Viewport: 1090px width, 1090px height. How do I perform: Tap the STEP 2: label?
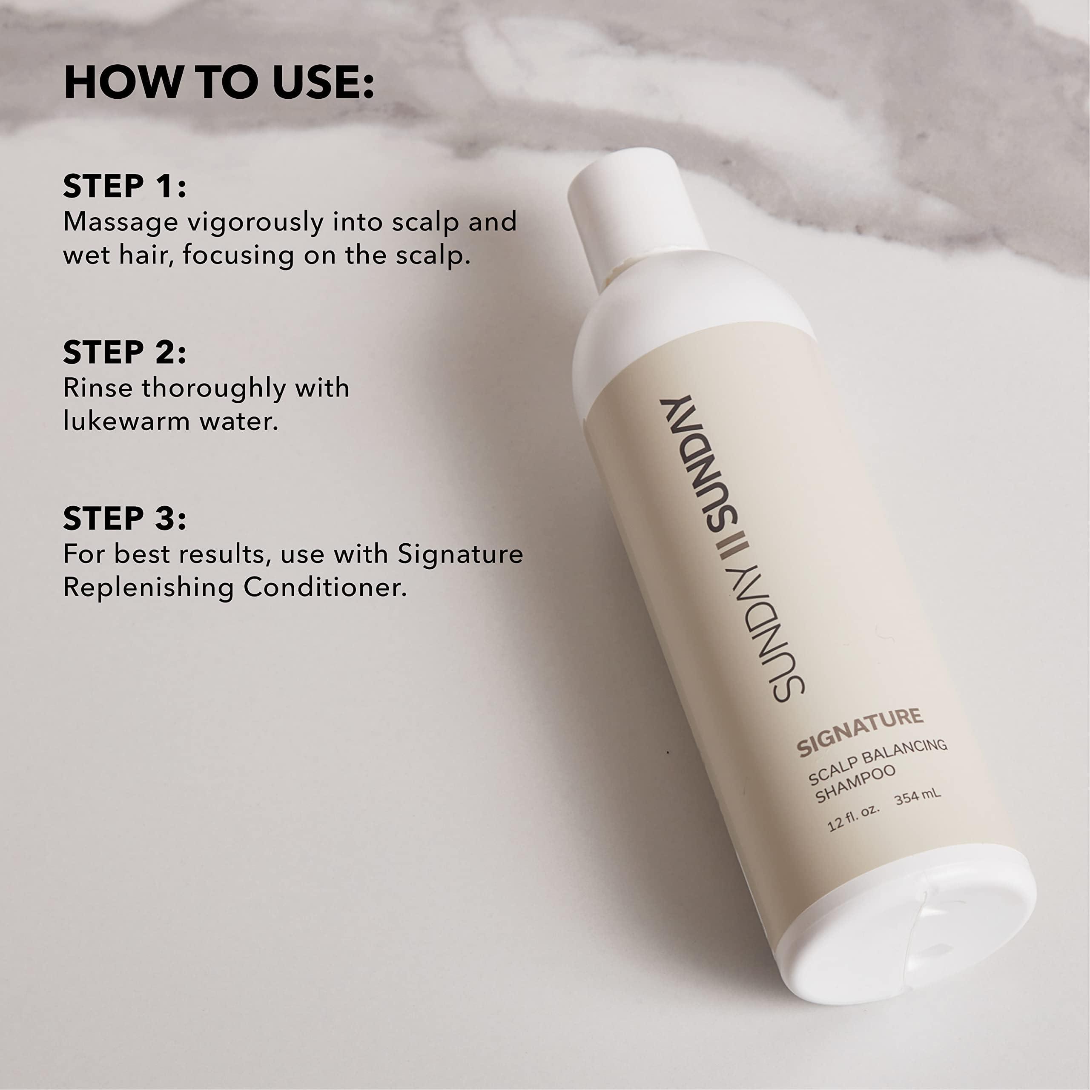coord(125,352)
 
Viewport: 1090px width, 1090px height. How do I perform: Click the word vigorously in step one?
coord(255,223)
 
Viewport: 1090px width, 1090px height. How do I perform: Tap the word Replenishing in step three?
coord(148,588)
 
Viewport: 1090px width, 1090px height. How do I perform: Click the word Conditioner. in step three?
coord(325,588)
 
